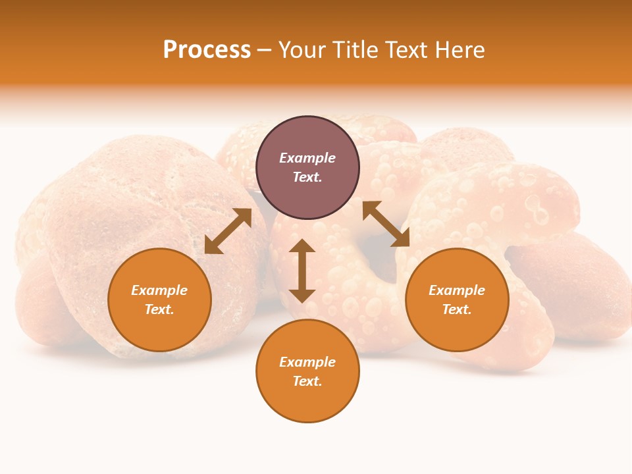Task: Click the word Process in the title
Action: tap(207, 50)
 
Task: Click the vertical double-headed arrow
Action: tap(302, 271)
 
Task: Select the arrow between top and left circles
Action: tap(228, 231)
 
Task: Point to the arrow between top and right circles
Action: tap(386, 224)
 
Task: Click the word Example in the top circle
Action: tap(307, 158)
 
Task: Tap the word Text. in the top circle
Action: tap(307, 177)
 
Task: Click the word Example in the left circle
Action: tap(159, 290)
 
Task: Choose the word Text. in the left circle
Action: tap(159, 309)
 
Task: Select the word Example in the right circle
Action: tap(457, 290)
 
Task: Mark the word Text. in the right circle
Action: tap(457, 309)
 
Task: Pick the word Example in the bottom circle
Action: tap(307, 362)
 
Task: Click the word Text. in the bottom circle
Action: tap(307, 381)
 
